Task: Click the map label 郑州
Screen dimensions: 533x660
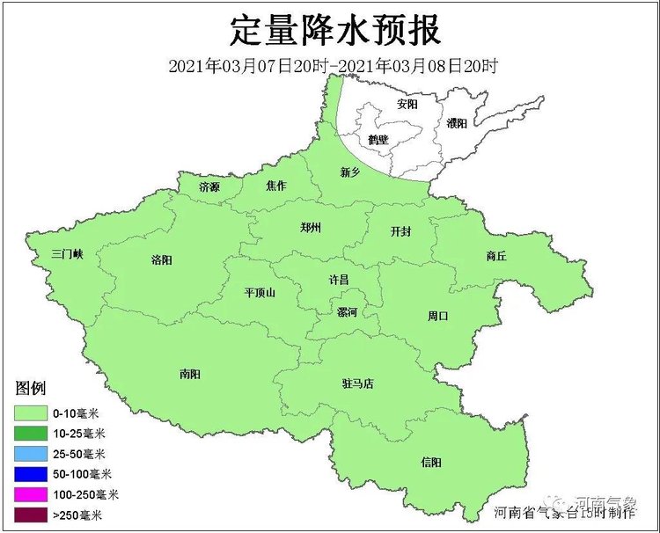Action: coord(310,227)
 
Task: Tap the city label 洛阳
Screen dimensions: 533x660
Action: coord(161,259)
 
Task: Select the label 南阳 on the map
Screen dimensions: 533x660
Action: coord(189,374)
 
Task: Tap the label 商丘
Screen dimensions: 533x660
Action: coord(496,257)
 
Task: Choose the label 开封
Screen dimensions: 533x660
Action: coord(400,231)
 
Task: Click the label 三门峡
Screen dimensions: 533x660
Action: coord(66,254)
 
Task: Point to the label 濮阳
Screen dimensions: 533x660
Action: coord(456,123)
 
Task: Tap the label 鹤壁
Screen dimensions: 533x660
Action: coord(378,139)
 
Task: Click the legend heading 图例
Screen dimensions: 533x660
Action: coord(30,388)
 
